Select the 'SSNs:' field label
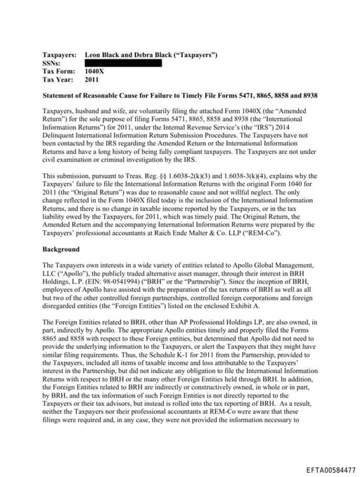pos(52,63)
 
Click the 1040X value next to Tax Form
pos(94,72)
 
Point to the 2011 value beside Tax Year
pos(91,80)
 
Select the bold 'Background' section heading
pos(61,249)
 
